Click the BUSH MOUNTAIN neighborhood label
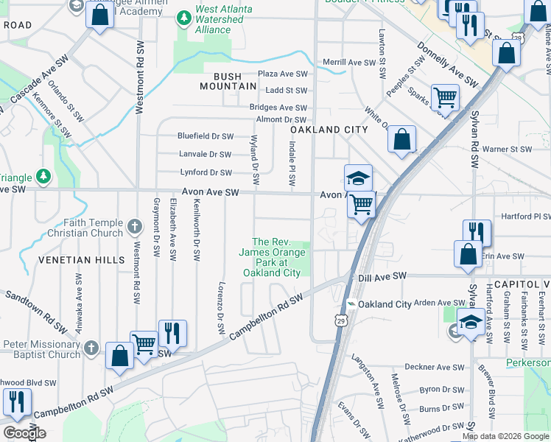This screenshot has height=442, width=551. (229, 81)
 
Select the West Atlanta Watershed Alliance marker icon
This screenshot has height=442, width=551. (183, 16)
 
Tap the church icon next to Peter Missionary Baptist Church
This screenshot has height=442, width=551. (91, 345)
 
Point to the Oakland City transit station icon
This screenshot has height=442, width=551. (351, 304)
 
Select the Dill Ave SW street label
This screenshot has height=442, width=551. (382, 276)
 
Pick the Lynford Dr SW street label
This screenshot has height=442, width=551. (206, 172)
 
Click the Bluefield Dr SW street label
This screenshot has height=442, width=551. (205, 136)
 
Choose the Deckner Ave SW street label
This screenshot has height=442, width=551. (438, 367)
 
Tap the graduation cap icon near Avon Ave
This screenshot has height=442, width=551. (358, 178)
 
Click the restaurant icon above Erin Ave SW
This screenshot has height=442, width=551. (477, 232)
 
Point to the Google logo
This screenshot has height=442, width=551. (25, 433)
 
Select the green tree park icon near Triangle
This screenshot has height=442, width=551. (44, 176)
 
